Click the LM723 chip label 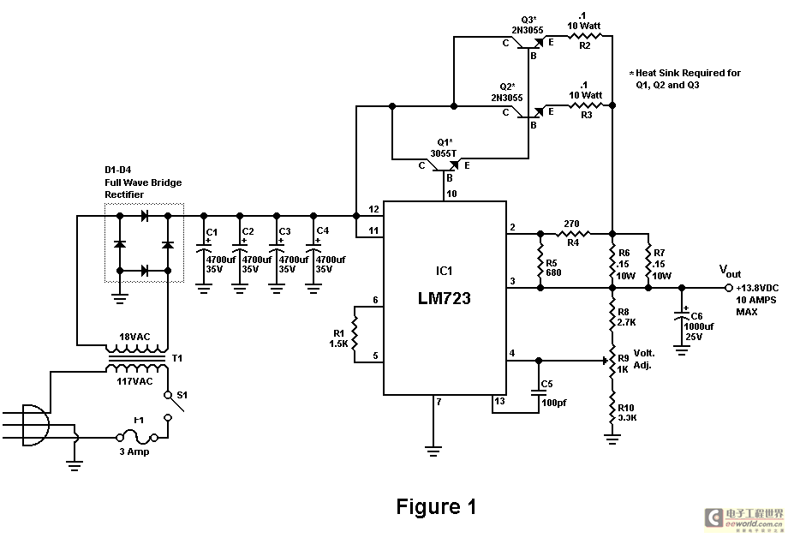click(445, 298)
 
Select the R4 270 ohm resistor click(573, 233)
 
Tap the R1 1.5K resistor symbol click(355, 334)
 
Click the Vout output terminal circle click(728, 288)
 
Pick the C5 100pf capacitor click(539, 392)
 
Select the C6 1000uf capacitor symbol click(682, 314)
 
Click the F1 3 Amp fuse click(138, 438)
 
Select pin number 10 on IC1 click(451, 194)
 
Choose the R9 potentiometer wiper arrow click(605, 361)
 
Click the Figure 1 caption click(436, 507)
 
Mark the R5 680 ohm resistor click(540, 260)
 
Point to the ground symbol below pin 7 click(433, 451)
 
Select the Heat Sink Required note click(685, 79)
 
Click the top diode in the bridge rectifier click(144, 216)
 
